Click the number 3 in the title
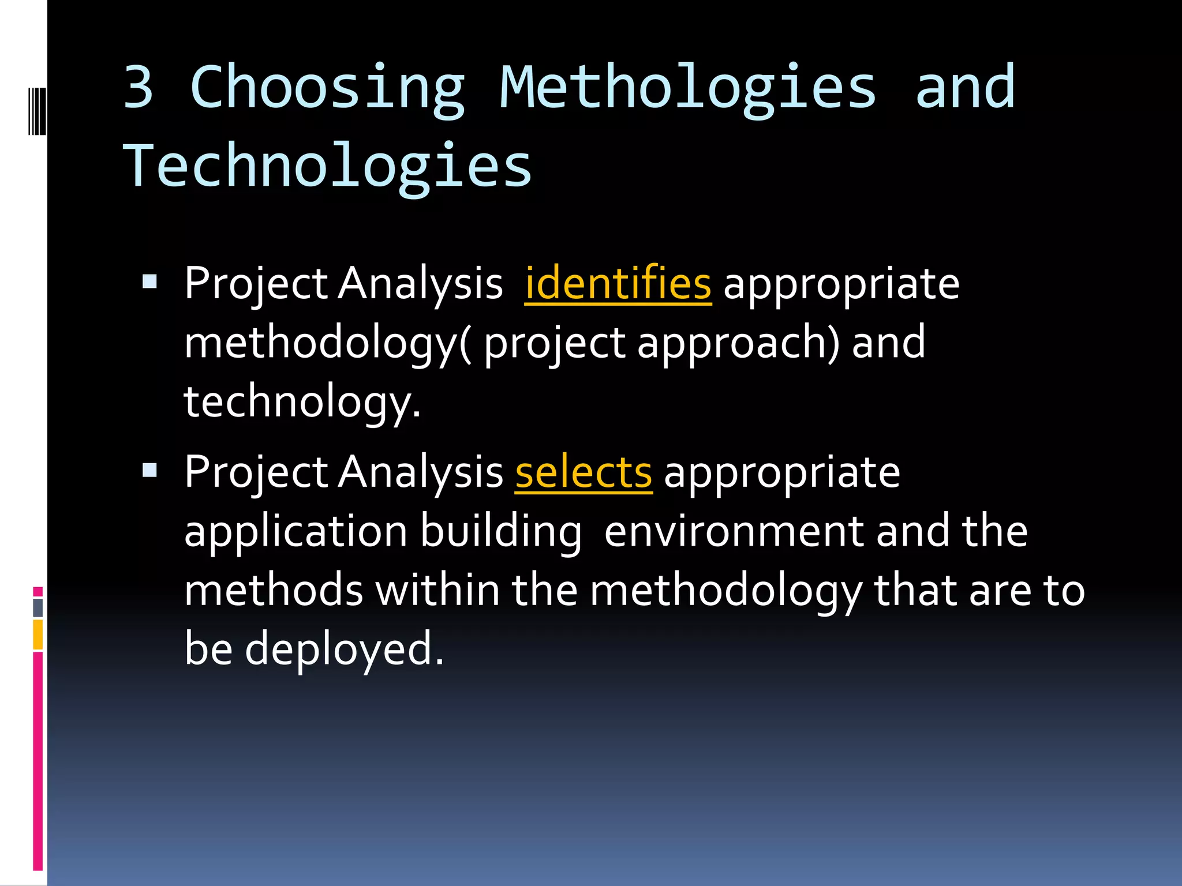139,88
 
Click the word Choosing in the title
327,88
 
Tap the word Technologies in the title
327,167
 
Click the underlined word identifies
618,284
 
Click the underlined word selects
583,472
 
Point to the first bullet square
149,282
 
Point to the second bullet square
149,471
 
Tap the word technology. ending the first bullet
302,402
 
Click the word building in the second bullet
500,532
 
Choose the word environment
734,532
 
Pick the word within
437,591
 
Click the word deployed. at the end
344,649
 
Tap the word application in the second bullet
295,532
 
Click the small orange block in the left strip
38,635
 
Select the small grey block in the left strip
38,608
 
